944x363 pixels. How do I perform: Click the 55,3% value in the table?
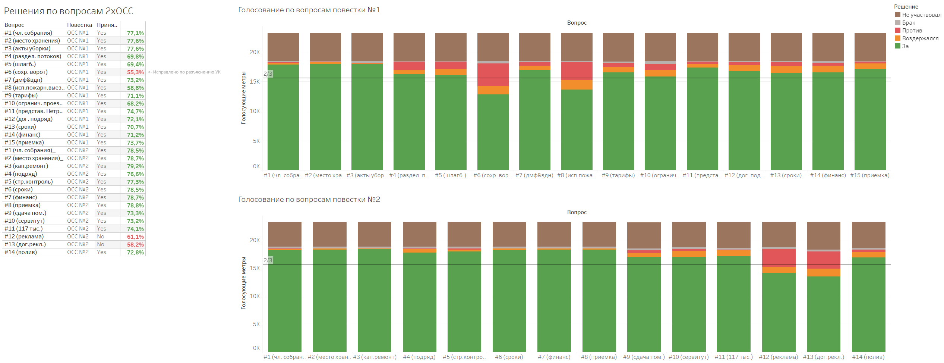coord(135,72)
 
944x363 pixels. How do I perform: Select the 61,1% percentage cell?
coord(135,237)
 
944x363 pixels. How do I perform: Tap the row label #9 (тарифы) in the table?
coord(21,96)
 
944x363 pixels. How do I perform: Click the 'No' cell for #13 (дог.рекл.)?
coord(101,244)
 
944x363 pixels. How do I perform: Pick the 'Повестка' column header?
coord(79,25)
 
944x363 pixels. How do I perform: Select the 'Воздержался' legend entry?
coord(920,38)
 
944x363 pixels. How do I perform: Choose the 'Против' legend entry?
coord(912,31)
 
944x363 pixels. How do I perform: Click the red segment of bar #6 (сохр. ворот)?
coord(493,75)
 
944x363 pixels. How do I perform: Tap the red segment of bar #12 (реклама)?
coord(779,257)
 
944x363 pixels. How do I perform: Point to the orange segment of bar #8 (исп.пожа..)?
coord(577,85)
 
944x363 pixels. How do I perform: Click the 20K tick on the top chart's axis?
coord(255,52)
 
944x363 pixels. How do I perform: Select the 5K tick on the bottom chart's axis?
coord(256,324)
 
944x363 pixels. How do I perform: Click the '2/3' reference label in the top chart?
coord(268,74)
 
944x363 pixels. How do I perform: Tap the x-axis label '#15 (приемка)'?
coord(869,175)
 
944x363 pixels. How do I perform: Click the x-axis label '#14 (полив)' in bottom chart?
coord(868,357)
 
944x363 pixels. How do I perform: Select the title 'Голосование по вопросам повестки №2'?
coord(309,200)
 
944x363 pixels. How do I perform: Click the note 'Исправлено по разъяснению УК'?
coord(186,72)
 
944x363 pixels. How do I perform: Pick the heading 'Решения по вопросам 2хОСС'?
coord(68,11)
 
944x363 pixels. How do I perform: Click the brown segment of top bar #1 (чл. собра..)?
coord(283,47)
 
